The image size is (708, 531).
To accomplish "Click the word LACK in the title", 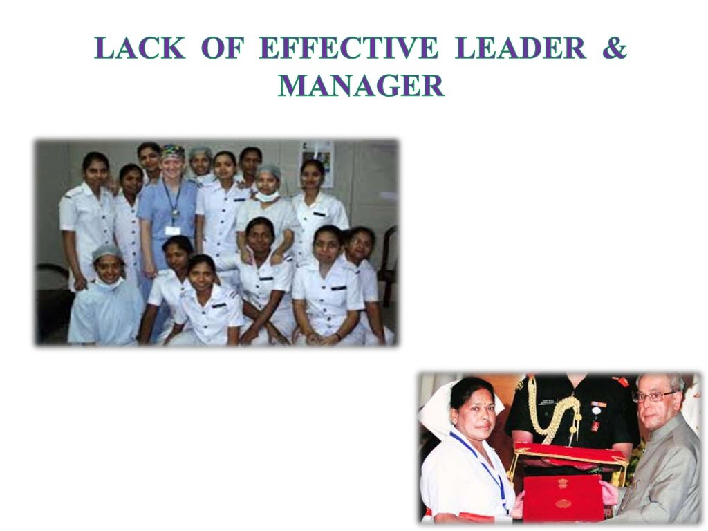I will coord(140,49).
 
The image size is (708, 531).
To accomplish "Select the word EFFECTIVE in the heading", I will coord(348,49).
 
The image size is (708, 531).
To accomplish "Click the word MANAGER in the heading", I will coord(360,86).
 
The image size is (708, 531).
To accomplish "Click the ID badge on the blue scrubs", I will coord(172,230).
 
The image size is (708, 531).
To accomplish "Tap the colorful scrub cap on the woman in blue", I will coord(172,150).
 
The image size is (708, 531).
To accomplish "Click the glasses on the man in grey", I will coord(653,397).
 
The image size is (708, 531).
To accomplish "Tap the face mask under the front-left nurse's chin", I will coord(109,282).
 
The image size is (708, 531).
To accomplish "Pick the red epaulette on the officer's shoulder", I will coord(622,381).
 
